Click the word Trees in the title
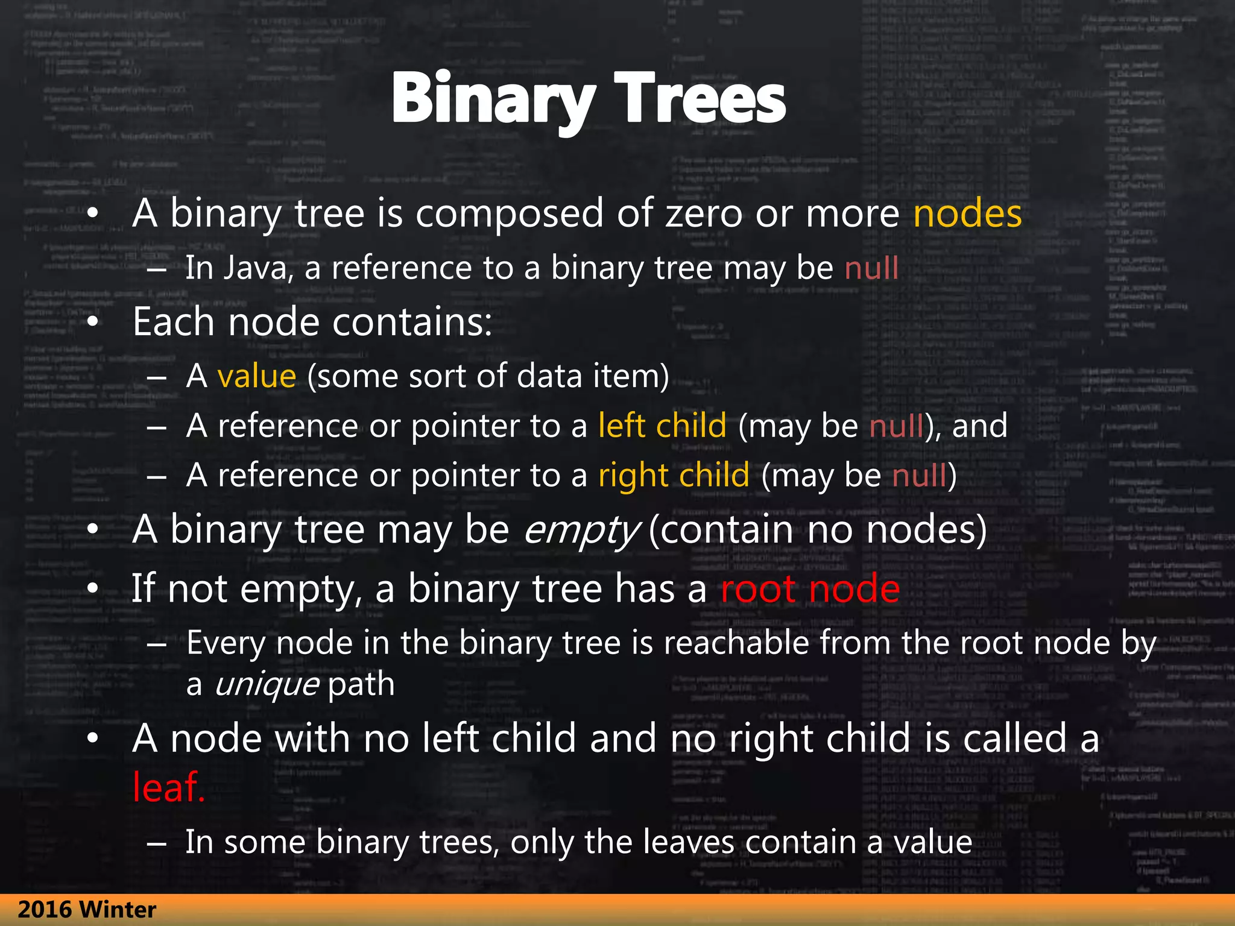coord(700,98)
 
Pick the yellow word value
coord(256,376)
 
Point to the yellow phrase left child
coord(662,426)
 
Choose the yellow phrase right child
coord(674,475)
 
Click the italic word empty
coord(580,531)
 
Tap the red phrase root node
coord(810,588)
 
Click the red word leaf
coord(168,787)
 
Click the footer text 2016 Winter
coord(87,910)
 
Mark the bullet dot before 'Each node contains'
coord(92,322)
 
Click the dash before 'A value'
coord(156,377)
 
